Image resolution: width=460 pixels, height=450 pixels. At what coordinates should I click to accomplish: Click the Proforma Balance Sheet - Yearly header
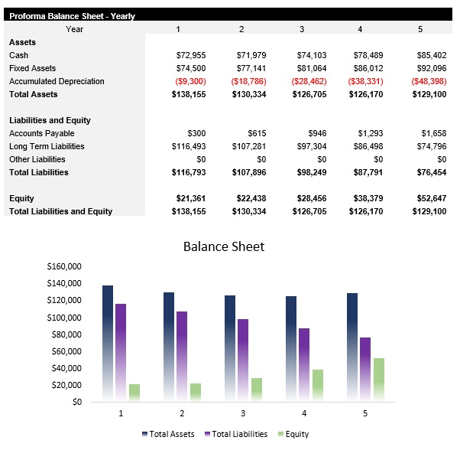click(72, 15)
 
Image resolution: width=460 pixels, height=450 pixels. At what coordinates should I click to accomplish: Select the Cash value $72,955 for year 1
click(190, 55)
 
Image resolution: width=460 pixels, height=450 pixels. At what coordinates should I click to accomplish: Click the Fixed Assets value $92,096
click(430, 68)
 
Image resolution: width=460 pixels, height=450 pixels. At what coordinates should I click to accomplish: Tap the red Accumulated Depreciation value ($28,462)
click(309, 81)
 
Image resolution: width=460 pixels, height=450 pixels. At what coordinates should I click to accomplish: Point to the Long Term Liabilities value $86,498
click(369, 146)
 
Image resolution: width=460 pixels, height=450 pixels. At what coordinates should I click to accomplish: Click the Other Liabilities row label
click(37, 159)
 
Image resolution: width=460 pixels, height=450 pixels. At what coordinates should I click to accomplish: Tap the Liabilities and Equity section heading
click(50, 120)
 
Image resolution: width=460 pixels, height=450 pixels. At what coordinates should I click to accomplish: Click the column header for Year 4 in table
click(360, 28)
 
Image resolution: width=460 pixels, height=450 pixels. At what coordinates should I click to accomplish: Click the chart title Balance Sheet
click(224, 246)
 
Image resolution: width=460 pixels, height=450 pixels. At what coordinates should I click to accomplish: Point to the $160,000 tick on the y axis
click(64, 267)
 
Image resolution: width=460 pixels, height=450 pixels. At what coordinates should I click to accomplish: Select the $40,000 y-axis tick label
click(66, 368)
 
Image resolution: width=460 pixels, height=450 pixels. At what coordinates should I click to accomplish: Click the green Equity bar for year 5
click(379, 380)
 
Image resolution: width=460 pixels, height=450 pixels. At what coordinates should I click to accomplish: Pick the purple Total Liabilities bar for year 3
click(243, 360)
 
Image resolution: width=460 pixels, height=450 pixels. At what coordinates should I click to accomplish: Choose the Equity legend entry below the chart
click(294, 434)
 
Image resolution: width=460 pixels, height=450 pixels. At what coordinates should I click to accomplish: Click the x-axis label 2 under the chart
click(181, 413)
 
